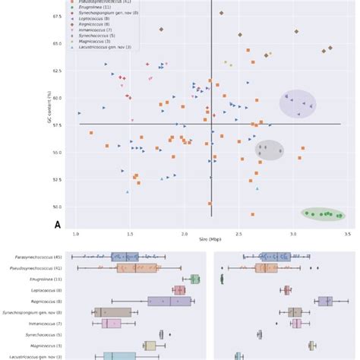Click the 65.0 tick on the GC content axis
coord(58,43)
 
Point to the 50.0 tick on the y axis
coord(58,207)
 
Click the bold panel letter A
coord(58,225)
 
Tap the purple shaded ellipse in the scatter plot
coord(297,104)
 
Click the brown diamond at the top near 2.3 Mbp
coord(221,14)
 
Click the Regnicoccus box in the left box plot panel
coord(169,302)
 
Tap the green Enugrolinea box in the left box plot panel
coord(195,279)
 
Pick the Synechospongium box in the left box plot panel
coord(112,312)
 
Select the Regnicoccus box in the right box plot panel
coord(325,302)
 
